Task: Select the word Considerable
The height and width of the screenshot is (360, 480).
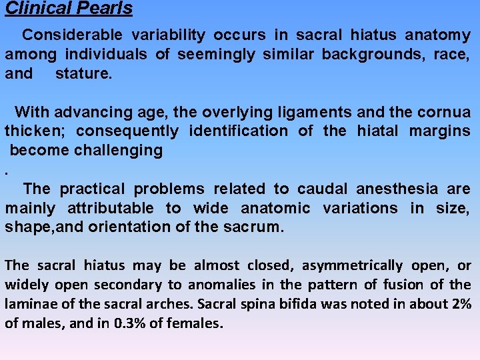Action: pyautogui.click(x=72, y=35)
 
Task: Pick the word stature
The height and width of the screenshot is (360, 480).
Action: pyautogui.click(x=83, y=73)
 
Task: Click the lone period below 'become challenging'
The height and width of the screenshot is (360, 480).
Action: pyautogui.click(x=7, y=170)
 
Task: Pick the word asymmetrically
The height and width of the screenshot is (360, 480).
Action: pyautogui.click(x=352, y=265)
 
